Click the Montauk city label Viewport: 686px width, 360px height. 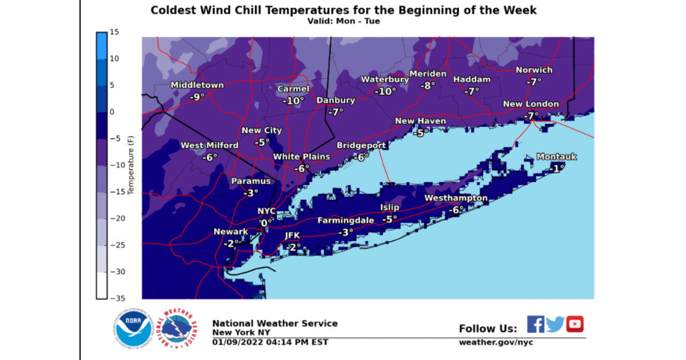[x=556, y=157]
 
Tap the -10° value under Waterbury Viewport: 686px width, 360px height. [x=385, y=91]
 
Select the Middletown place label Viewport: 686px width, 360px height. [x=197, y=86]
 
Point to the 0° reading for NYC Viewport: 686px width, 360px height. [x=267, y=223]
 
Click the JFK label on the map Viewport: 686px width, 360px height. [x=292, y=236]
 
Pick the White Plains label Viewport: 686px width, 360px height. [x=301, y=157]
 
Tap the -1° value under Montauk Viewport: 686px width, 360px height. [x=556, y=168]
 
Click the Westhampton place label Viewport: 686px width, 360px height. [x=456, y=198]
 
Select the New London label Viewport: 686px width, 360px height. [x=531, y=104]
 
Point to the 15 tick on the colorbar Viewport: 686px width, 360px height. [x=114, y=32]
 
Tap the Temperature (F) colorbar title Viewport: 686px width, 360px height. [x=131, y=165]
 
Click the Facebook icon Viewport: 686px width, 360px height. [x=535, y=324]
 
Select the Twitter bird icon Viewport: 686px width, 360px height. [x=555, y=324]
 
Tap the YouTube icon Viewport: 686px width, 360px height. [x=575, y=324]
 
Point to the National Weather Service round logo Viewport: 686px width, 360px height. [x=178, y=330]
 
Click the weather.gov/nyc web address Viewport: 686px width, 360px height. [x=496, y=342]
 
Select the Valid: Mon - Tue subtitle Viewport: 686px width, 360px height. [x=343, y=21]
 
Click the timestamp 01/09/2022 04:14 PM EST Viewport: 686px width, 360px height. [x=270, y=342]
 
